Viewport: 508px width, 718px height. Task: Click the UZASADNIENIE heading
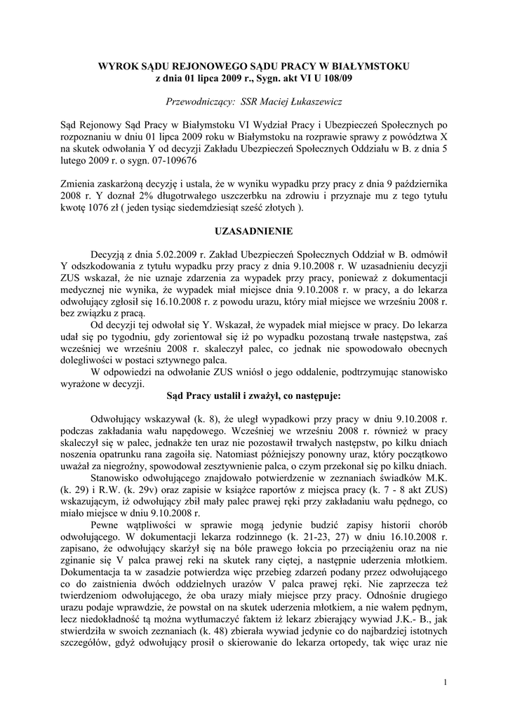(253, 231)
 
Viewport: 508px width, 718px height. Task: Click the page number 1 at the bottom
(445, 682)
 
